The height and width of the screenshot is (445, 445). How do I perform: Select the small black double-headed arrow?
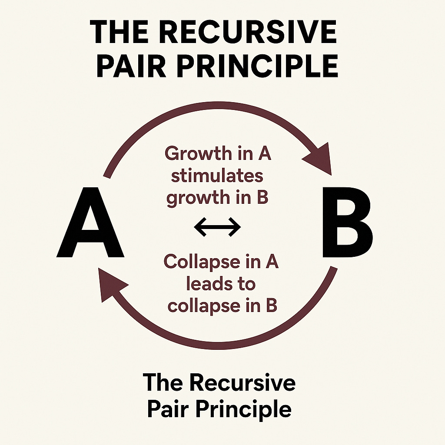click(217, 226)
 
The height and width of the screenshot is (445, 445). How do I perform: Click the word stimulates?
click(217, 176)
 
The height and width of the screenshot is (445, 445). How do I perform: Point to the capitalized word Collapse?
click(200, 262)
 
